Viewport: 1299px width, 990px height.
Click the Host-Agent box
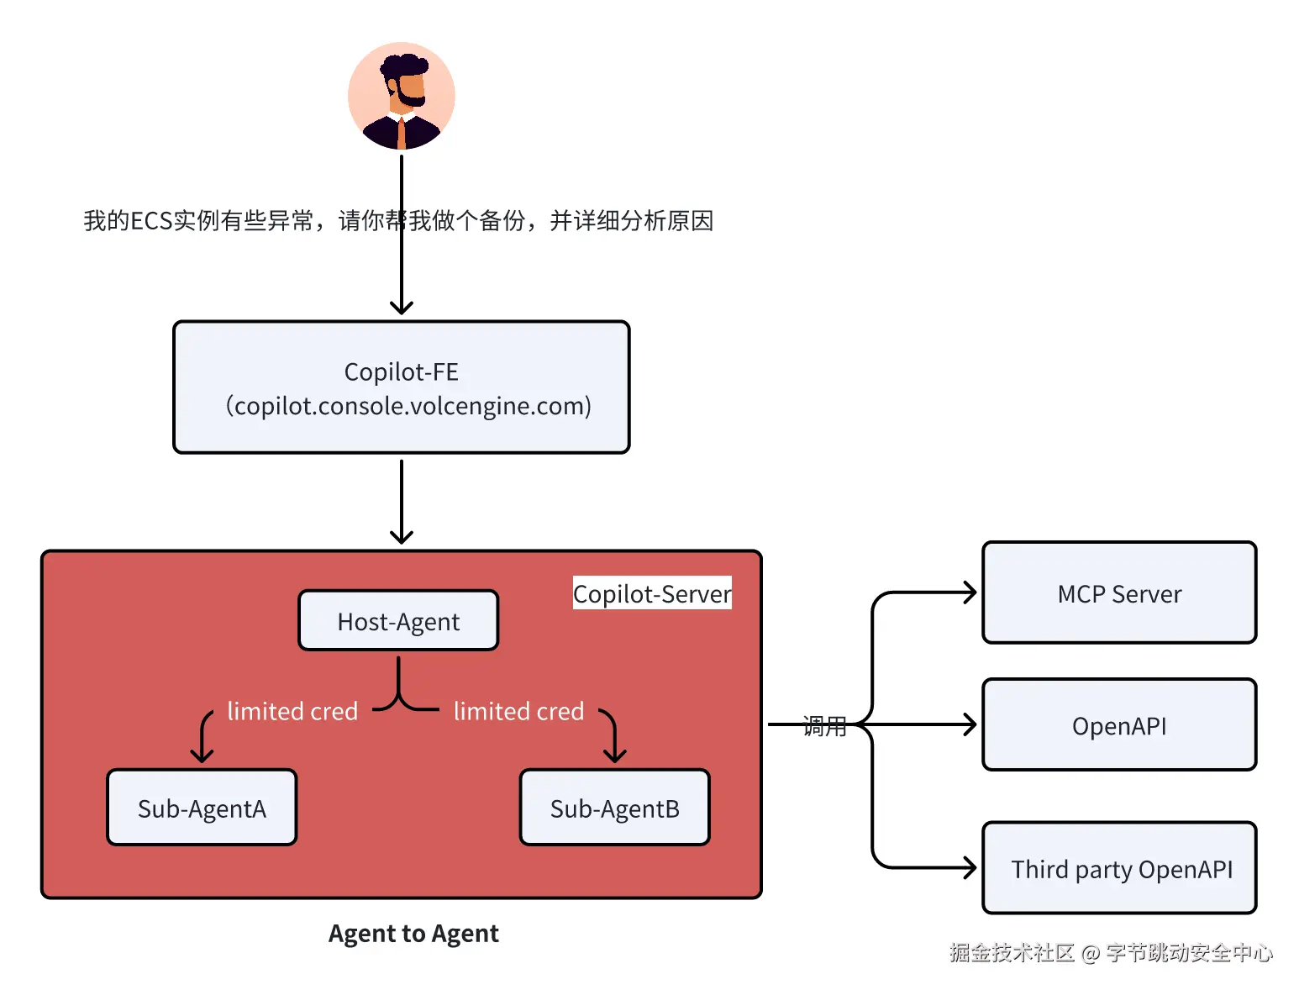point(398,621)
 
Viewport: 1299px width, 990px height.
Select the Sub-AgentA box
point(202,808)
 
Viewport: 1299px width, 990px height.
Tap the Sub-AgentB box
point(614,808)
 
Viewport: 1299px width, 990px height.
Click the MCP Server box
point(1118,593)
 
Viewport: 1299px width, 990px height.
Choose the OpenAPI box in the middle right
point(1118,725)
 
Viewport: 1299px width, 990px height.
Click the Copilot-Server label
point(651,593)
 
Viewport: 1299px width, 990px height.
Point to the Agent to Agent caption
point(413,933)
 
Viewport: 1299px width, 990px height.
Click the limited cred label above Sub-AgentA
point(292,711)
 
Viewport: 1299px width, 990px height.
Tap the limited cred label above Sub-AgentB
point(518,711)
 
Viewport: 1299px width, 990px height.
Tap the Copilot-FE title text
point(401,371)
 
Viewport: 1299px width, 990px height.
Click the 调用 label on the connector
point(824,726)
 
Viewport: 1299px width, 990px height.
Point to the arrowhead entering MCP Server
point(970,592)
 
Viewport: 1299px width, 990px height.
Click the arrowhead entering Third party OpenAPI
point(970,867)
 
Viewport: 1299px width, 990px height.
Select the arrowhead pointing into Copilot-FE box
point(402,308)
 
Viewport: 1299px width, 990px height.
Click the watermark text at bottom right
point(1111,952)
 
